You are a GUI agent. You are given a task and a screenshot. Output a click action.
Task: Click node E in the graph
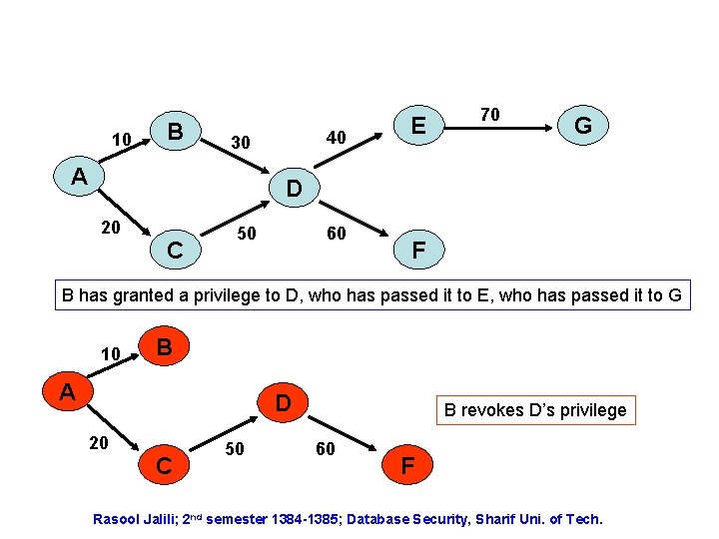419,125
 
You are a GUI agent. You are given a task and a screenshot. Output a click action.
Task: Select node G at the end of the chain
583,126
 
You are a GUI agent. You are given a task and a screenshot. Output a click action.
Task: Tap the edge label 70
489,115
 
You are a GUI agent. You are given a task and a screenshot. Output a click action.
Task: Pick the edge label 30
240,143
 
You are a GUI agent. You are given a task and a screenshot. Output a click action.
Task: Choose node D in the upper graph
295,188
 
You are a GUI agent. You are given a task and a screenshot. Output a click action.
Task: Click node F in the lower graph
406,465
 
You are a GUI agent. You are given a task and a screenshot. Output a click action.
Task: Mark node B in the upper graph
175,131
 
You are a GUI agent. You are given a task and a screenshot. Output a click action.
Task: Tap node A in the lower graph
67,390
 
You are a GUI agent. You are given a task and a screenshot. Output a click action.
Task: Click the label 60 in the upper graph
337,234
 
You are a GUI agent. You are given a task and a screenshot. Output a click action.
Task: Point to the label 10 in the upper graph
122,139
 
